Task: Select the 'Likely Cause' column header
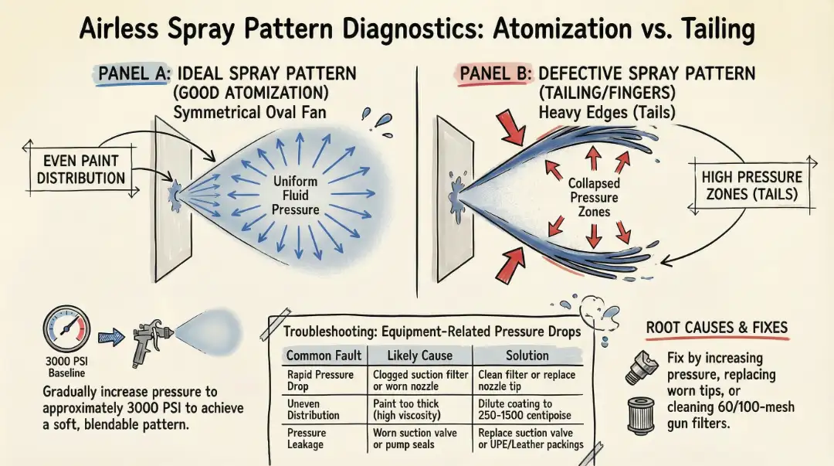point(419,355)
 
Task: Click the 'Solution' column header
point(527,355)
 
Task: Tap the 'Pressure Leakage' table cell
point(307,439)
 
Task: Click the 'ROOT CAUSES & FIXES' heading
point(716,328)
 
